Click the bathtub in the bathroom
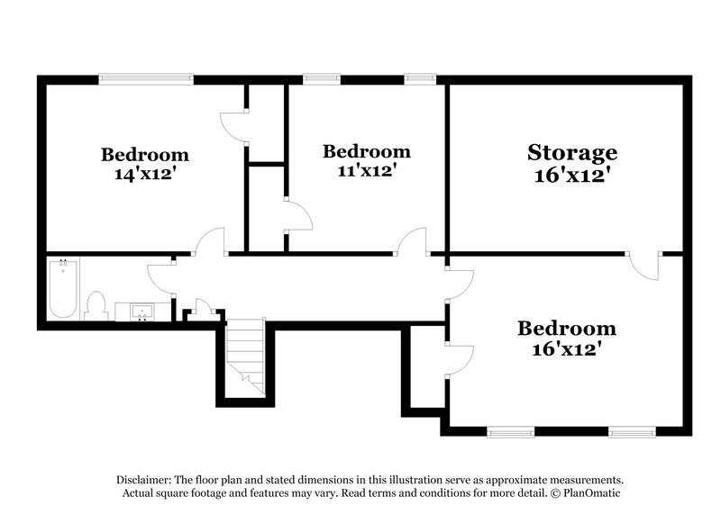click(x=63, y=289)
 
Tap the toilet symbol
click(x=96, y=305)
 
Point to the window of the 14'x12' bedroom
click(x=146, y=79)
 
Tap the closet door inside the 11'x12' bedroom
click(x=297, y=216)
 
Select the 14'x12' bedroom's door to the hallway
click(x=209, y=241)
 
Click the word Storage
click(x=572, y=151)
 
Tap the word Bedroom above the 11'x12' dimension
click(x=367, y=150)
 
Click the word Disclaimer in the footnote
click(x=145, y=480)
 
